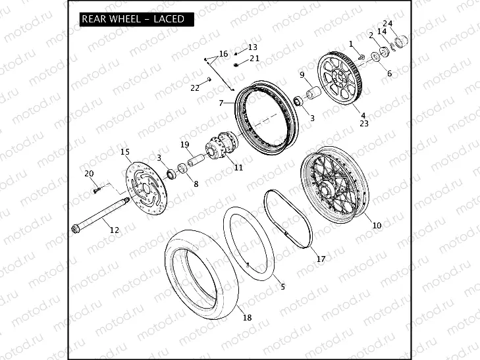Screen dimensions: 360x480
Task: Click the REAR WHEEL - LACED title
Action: (132, 19)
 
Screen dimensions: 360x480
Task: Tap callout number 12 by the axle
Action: (114, 230)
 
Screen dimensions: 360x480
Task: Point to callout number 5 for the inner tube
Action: (282, 287)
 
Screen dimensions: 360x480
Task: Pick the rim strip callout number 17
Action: (321, 259)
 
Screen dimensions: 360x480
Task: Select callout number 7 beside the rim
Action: (222, 103)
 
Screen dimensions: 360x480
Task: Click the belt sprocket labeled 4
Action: (341, 80)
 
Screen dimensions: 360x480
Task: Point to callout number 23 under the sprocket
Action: (364, 123)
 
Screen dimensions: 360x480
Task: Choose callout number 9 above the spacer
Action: (302, 75)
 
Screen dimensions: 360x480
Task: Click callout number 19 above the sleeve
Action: (185, 144)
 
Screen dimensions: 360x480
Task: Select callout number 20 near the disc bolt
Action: (90, 173)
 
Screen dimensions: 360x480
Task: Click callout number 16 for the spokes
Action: (223, 53)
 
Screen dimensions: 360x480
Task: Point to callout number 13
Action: (253, 47)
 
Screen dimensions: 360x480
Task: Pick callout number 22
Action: (195, 88)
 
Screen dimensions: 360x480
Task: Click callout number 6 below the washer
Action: (389, 74)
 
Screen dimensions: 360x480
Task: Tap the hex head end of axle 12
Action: (75, 228)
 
